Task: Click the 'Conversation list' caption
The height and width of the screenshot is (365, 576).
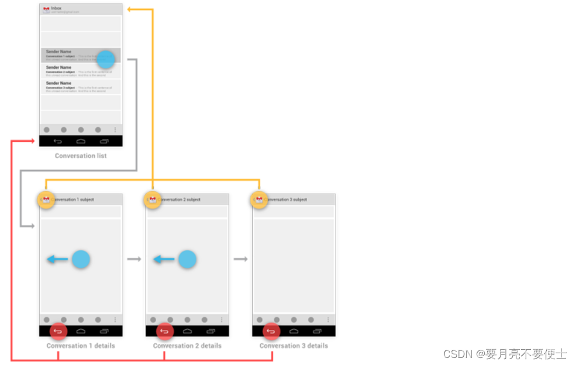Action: (x=81, y=156)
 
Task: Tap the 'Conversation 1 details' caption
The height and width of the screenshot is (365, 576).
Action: (x=81, y=346)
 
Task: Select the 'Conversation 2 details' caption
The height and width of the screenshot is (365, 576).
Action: (x=187, y=346)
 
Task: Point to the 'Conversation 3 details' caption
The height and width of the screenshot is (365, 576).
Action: (x=294, y=346)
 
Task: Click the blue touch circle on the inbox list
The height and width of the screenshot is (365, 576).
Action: (x=106, y=59)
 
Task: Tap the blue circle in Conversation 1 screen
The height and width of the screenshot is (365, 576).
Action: (x=81, y=259)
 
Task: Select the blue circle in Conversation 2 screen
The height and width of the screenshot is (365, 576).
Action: (x=187, y=259)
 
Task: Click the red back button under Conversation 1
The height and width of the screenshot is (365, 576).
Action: (x=58, y=332)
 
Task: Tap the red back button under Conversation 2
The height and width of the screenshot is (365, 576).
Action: (x=164, y=332)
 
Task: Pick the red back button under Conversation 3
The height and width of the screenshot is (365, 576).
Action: (x=271, y=332)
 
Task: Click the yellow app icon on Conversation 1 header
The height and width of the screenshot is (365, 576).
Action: (x=46, y=200)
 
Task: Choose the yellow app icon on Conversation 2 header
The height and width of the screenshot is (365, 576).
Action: (x=152, y=200)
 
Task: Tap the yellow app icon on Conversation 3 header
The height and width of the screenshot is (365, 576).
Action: (x=258, y=200)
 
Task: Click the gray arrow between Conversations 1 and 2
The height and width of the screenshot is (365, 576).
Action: (x=134, y=259)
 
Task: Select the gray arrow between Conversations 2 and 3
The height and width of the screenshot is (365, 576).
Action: (x=241, y=259)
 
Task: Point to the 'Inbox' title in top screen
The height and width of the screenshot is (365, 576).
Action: (x=56, y=8)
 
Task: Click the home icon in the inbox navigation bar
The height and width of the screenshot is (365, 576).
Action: (x=81, y=141)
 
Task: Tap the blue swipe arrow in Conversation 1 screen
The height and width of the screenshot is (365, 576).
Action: (x=58, y=259)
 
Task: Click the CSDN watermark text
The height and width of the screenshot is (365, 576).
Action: (x=505, y=354)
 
